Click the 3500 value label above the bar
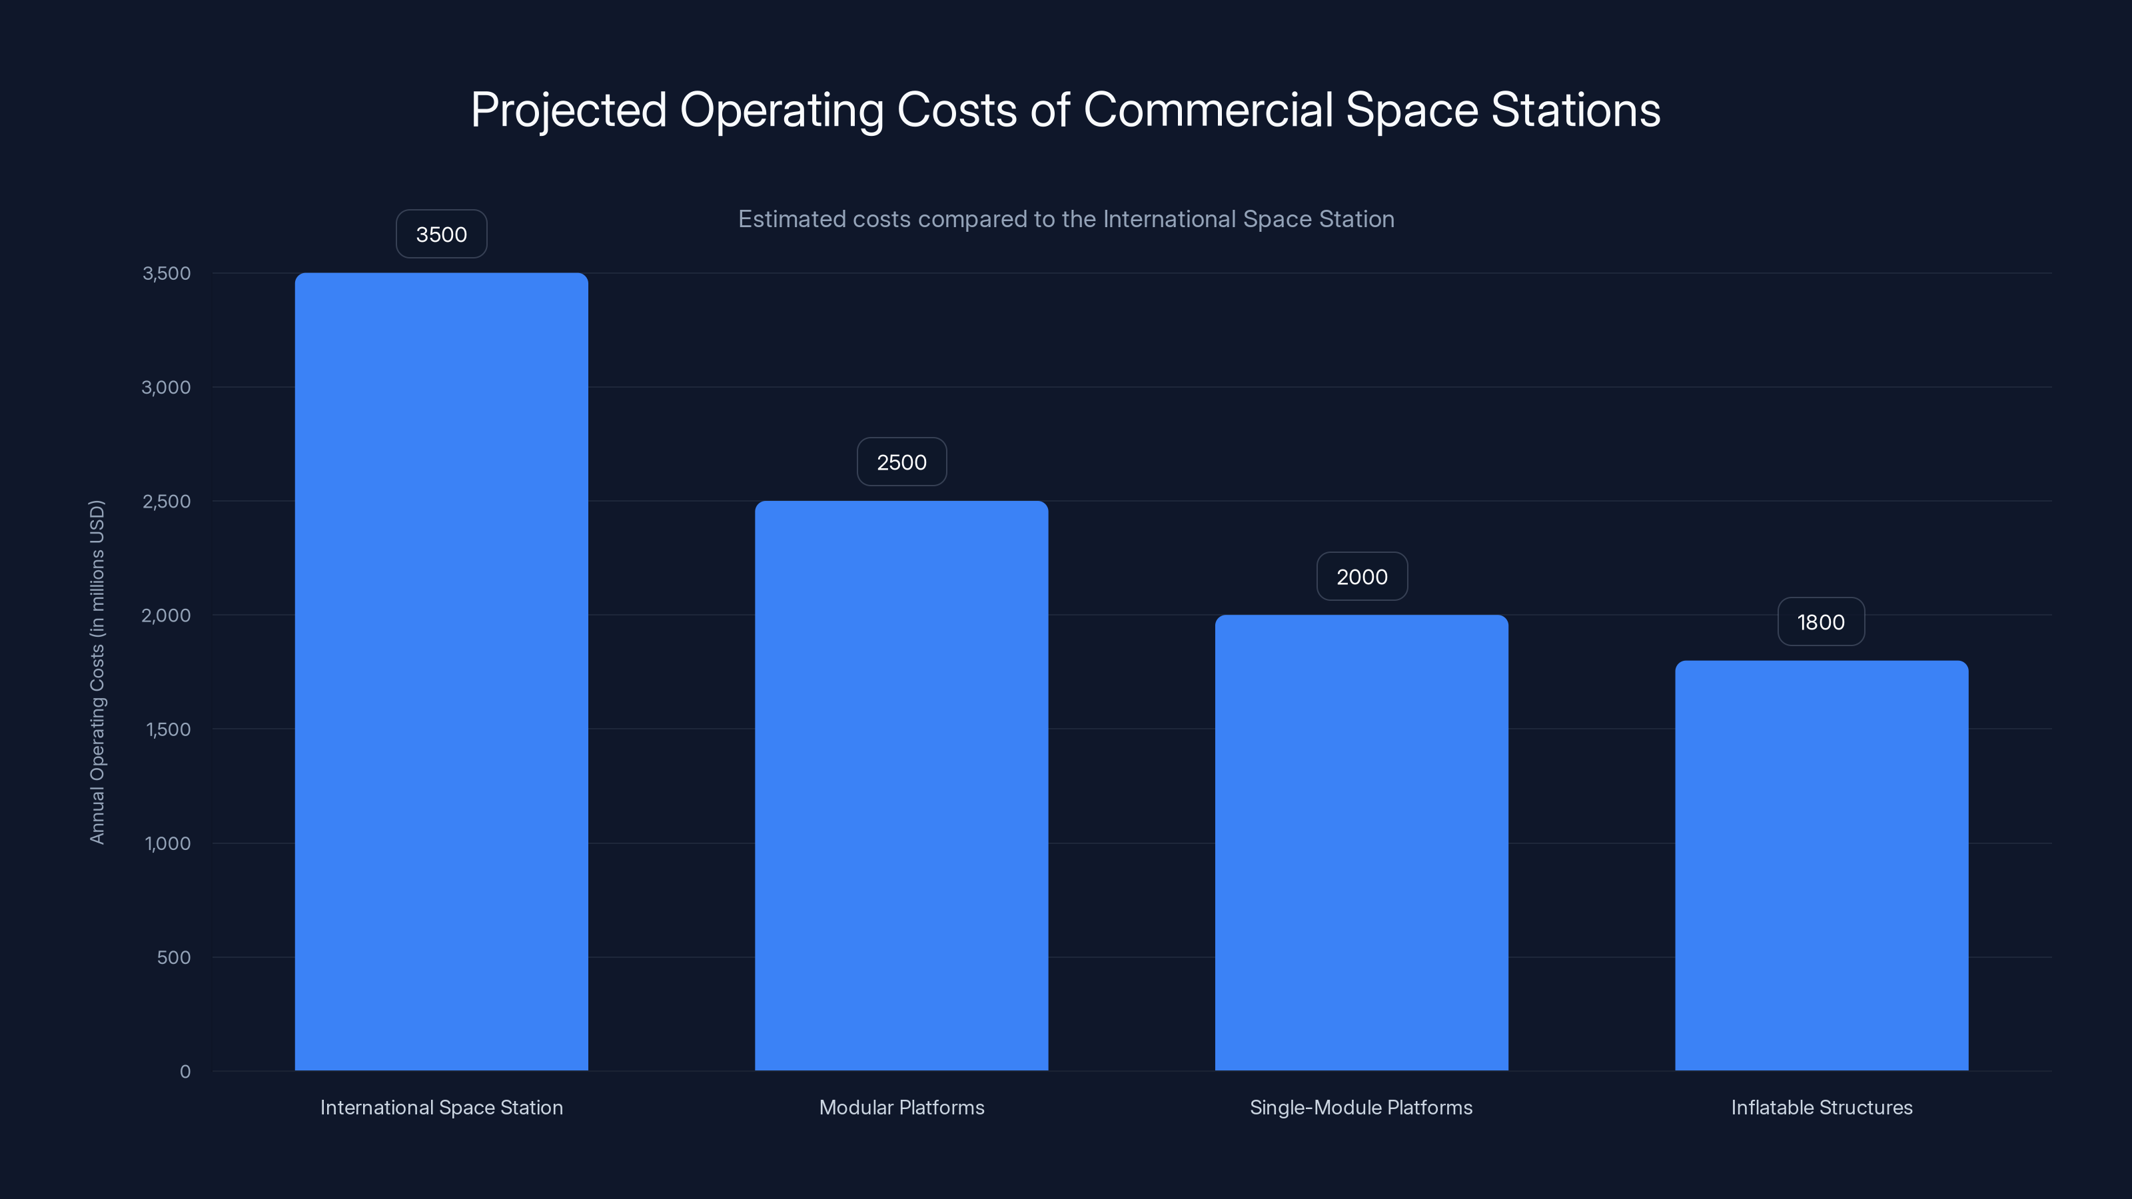coord(441,234)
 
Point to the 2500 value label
coord(901,462)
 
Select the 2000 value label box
coord(1361,577)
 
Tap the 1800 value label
coord(1821,622)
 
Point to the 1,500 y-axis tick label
coord(168,729)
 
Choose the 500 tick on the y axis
coord(174,957)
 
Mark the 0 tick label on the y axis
coord(185,1072)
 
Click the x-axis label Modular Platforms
coord(901,1107)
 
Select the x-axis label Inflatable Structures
coord(1822,1107)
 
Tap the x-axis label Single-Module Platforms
coord(1360,1107)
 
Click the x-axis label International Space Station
coord(441,1107)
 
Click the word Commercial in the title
coord(1207,109)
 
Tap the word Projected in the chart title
coord(568,111)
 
